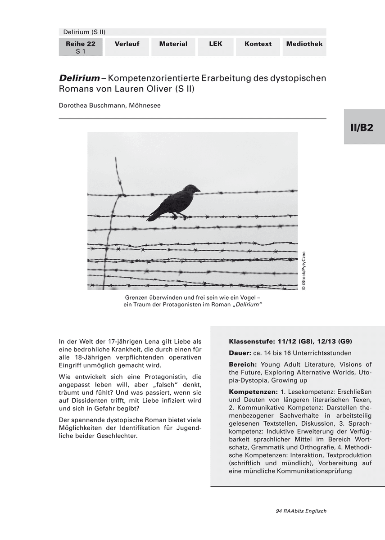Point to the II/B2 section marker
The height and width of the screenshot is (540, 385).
(x=362, y=127)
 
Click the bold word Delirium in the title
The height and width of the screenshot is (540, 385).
(x=79, y=78)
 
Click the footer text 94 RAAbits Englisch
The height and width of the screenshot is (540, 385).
(x=301, y=511)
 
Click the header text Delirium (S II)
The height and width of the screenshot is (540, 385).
(x=84, y=31)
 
